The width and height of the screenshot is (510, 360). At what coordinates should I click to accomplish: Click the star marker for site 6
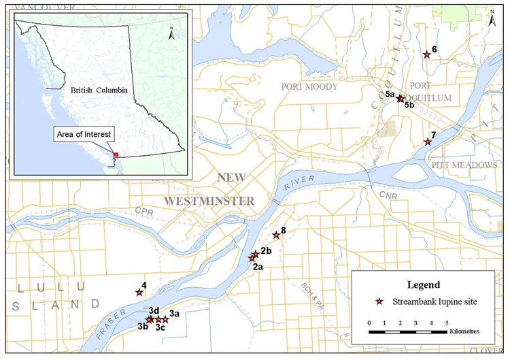(426, 54)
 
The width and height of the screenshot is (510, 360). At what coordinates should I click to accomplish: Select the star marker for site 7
(428, 142)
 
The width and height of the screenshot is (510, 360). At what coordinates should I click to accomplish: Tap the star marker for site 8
(276, 235)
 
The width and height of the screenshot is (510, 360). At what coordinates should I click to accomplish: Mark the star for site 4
(139, 293)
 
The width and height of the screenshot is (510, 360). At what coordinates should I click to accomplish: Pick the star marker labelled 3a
(165, 320)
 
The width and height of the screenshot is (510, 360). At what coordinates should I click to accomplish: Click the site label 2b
(267, 251)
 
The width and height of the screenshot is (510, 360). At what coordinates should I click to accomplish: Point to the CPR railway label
(143, 210)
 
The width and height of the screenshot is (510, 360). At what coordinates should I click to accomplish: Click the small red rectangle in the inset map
(116, 154)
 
